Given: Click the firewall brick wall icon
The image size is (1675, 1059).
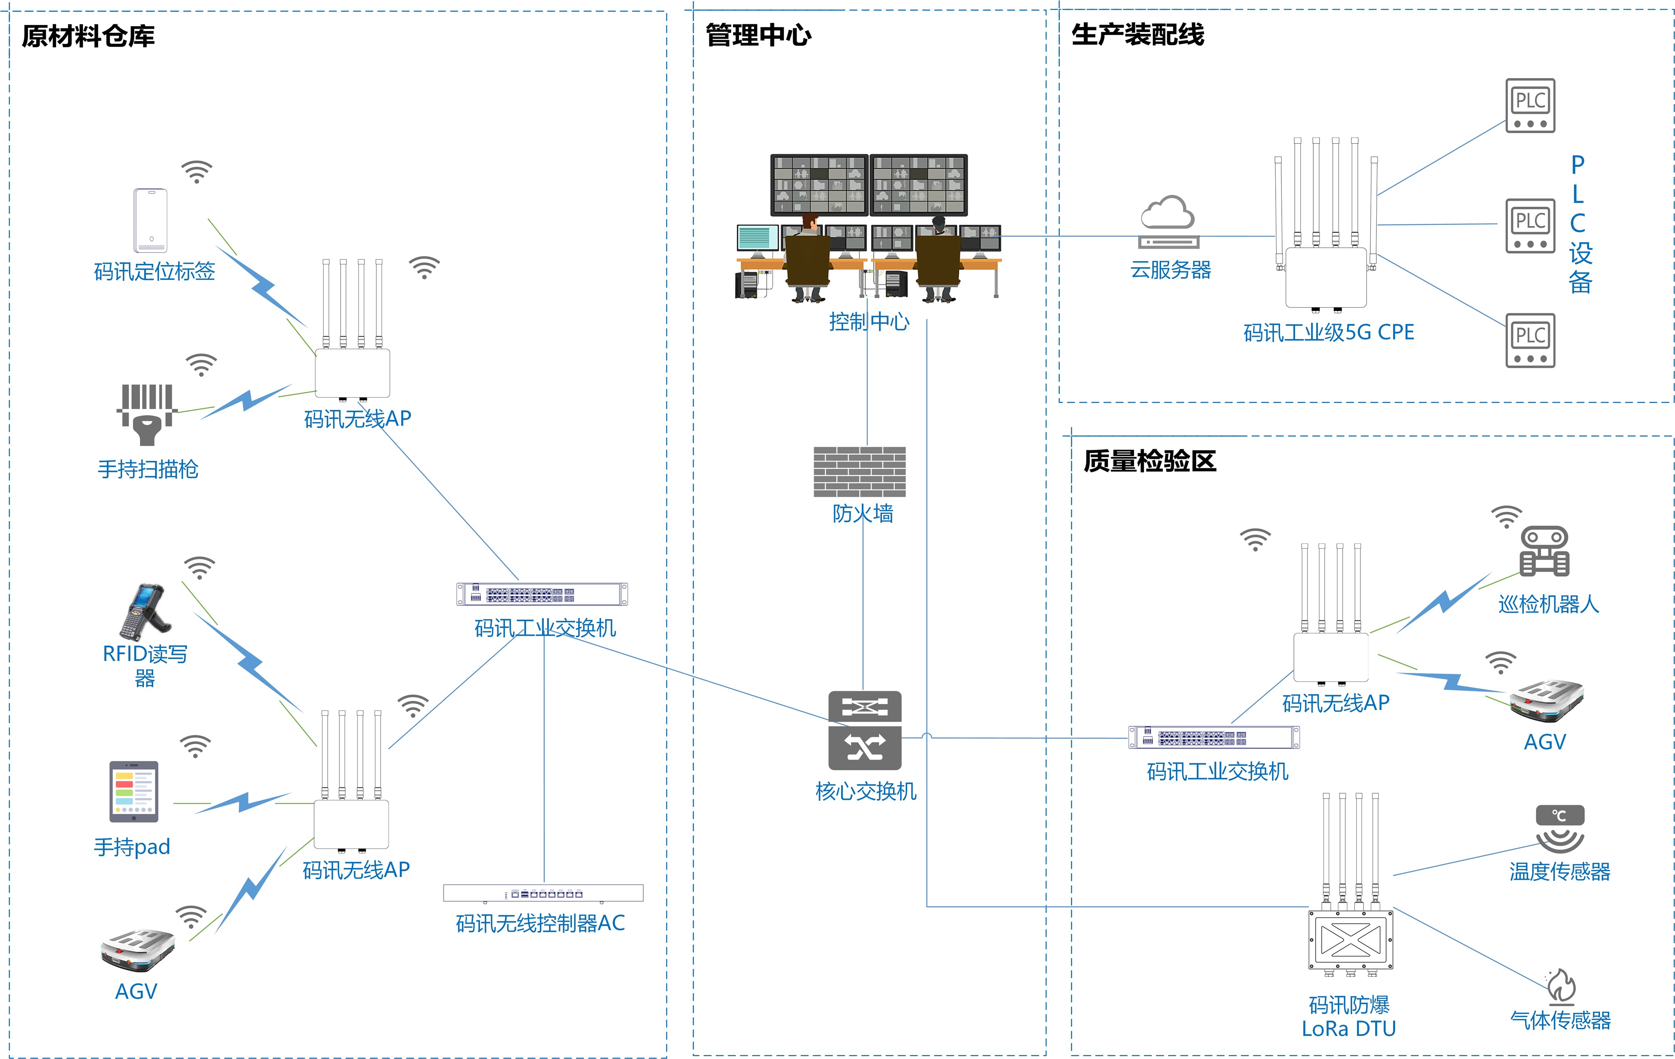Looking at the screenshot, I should click(860, 472).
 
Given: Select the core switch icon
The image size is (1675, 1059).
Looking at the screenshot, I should click(865, 730).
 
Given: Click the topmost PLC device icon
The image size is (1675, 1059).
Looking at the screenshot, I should click(1530, 106).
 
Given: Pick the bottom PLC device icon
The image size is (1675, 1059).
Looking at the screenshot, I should click(1530, 340).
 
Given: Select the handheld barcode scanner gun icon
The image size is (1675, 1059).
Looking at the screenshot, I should click(147, 414).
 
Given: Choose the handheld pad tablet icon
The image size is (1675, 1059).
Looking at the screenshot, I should click(134, 791).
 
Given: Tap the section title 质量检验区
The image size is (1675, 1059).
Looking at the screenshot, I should click(1149, 461).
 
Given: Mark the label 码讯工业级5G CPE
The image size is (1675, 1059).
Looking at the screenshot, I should click(1329, 333).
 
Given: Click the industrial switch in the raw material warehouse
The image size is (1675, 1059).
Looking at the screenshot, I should click(542, 594).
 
